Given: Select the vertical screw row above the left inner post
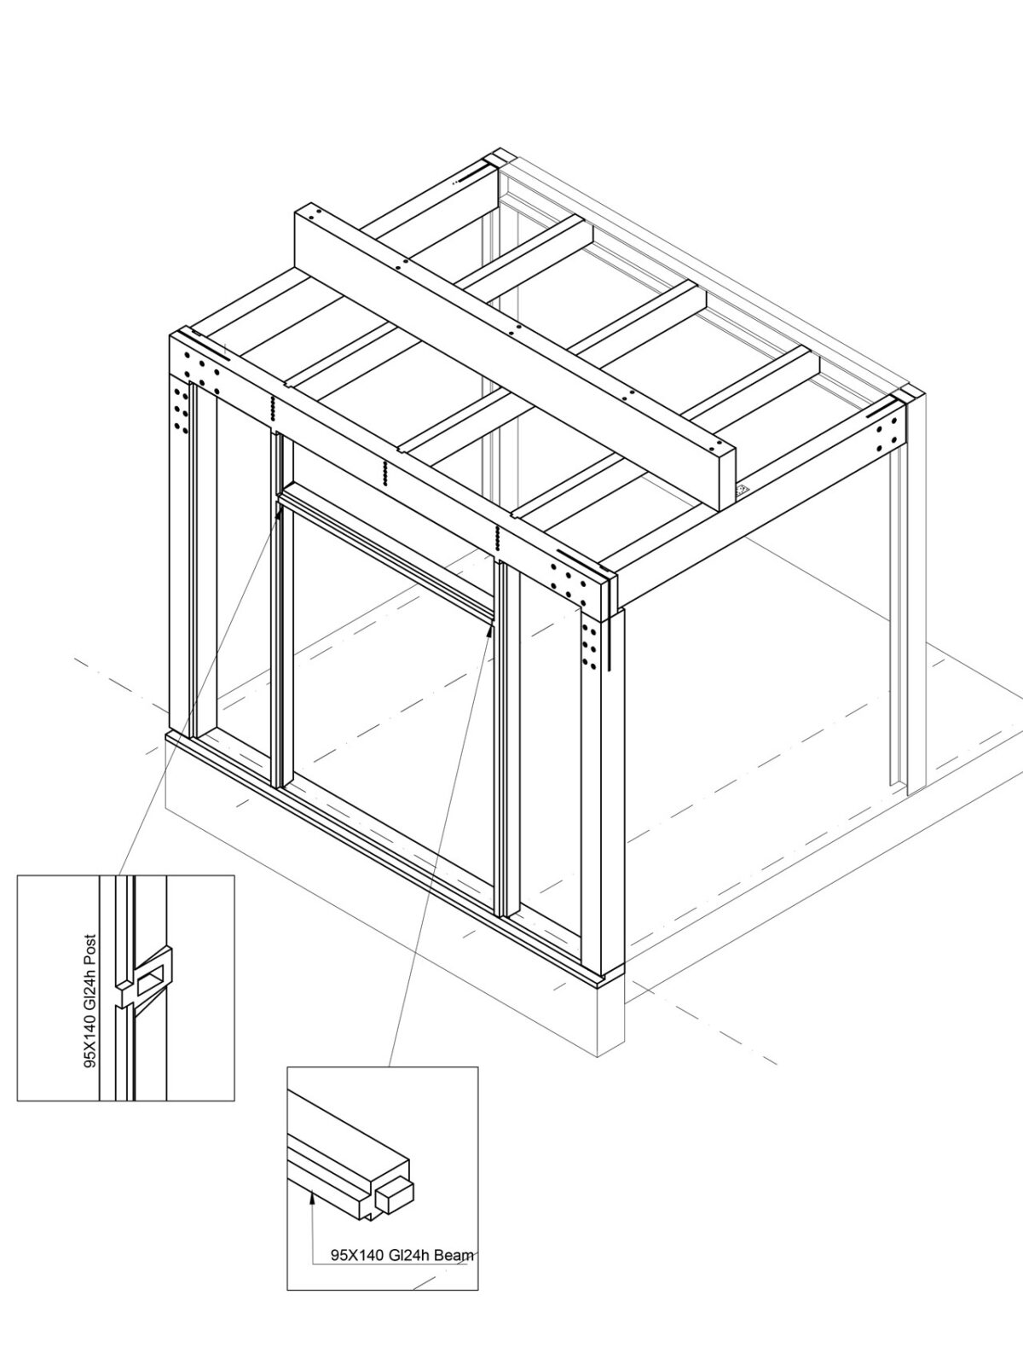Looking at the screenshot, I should pos(272,409).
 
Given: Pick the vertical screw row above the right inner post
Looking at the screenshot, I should pos(497,537).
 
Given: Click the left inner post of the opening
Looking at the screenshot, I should pos(278,614).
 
